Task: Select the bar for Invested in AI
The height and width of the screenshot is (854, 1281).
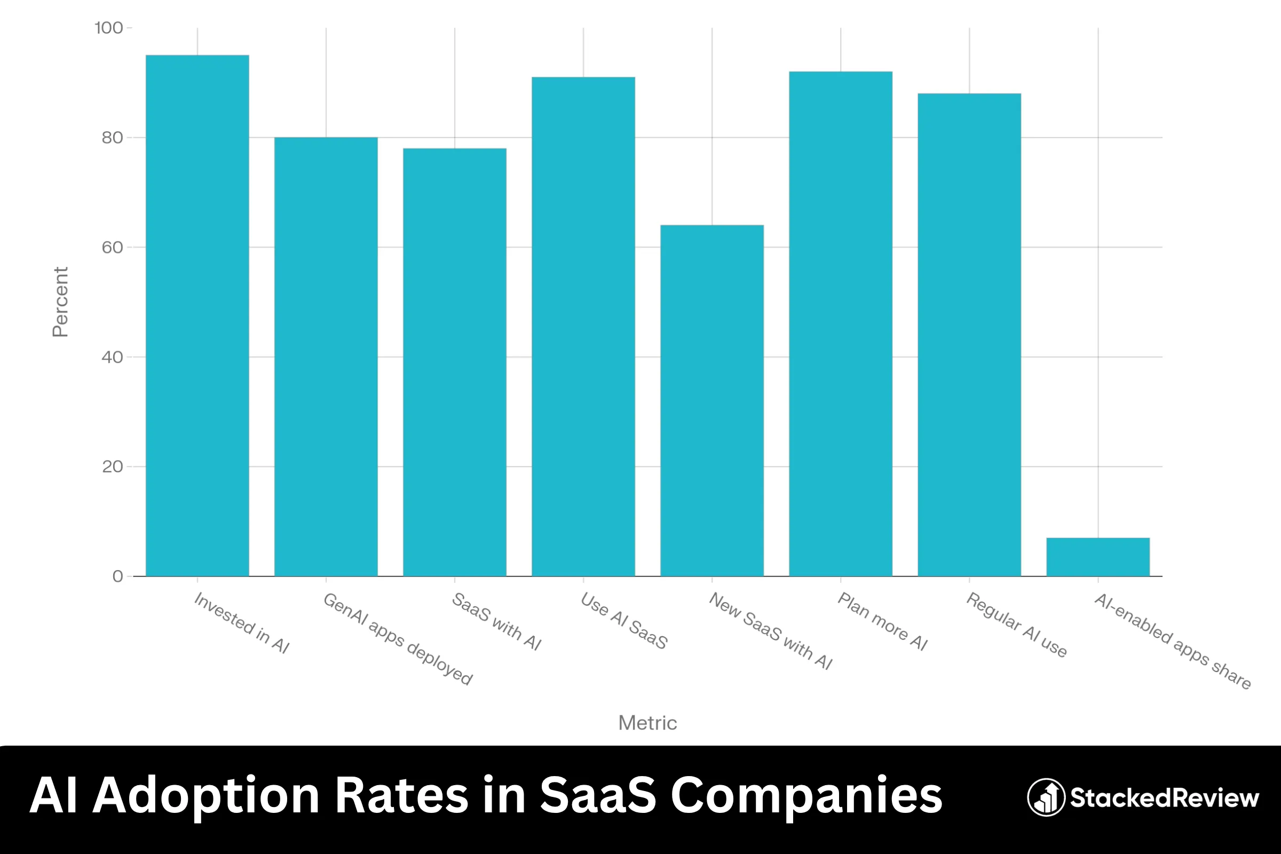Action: tap(197, 316)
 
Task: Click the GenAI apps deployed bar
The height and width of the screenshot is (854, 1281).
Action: tap(326, 357)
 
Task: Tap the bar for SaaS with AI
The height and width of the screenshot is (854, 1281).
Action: tap(454, 362)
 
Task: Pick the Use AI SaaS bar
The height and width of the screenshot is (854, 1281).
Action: tap(583, 327)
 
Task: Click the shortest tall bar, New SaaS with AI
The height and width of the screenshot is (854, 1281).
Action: tap(712, 400)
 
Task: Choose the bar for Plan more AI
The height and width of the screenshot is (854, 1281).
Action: tap(840, 324)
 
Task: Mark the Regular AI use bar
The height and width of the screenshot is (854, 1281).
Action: tap(969, 335)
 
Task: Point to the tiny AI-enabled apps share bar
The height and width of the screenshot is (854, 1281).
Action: tap(1097, 557)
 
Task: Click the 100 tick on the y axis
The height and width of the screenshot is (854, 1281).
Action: tap(109, 28)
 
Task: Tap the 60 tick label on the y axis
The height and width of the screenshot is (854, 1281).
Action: tap(112, 247)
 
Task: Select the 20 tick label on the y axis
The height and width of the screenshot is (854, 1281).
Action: tap(112, 466)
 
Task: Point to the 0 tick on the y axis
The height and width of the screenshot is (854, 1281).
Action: tap(117, 576)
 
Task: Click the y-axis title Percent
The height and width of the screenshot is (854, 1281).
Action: tap(60, 302)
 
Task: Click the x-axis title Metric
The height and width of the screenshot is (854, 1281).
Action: tap(647, 723)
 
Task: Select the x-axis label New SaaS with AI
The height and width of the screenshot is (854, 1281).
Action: tap(770, 631)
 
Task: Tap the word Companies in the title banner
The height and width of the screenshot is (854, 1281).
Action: tap(806, 796)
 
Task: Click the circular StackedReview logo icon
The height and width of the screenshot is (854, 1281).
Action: tap(1046, 797)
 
